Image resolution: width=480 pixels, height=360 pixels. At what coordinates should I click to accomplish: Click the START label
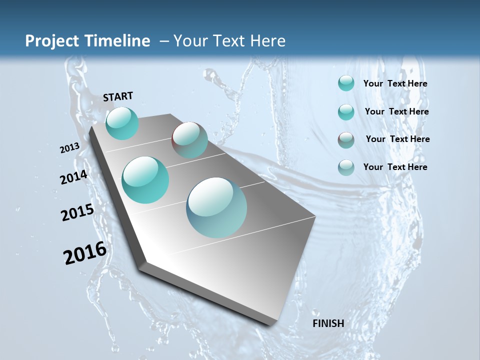coord(118,96)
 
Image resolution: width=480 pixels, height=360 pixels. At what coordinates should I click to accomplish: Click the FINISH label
coord(328,323)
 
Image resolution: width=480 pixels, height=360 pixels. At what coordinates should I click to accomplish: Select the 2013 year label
coord(69,148)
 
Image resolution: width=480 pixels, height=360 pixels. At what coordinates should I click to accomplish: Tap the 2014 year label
coord(73,177)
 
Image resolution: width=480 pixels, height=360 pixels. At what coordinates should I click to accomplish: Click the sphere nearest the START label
coord(122,123)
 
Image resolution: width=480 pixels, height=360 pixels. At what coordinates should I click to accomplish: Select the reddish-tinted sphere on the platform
coord(189,140)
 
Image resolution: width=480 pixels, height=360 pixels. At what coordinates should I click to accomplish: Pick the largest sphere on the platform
coord(216,207)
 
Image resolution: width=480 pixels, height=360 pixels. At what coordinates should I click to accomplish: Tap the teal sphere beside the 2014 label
coord(145,180)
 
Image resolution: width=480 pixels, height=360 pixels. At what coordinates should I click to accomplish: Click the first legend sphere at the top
coord(346,83)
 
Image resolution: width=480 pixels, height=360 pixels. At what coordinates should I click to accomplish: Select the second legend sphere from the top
coord(346,112)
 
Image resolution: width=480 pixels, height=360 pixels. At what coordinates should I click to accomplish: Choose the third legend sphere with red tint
coord(346,140)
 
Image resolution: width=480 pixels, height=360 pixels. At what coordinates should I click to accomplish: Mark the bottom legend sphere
coord(346,167)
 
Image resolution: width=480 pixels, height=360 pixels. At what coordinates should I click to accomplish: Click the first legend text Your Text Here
coord(395,83)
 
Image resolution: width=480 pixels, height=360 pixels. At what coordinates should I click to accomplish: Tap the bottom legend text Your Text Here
coord(395,167)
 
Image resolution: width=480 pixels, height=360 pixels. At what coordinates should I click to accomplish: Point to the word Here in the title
coord(267,41)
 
